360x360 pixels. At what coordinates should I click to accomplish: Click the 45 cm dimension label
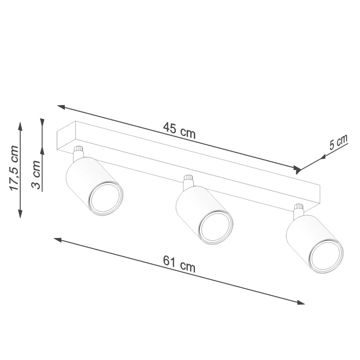[180, 130]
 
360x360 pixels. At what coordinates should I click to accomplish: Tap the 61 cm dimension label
[179, 263]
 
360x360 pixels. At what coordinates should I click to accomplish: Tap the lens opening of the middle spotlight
[216, 226]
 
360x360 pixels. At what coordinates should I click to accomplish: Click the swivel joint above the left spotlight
[78, 152]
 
